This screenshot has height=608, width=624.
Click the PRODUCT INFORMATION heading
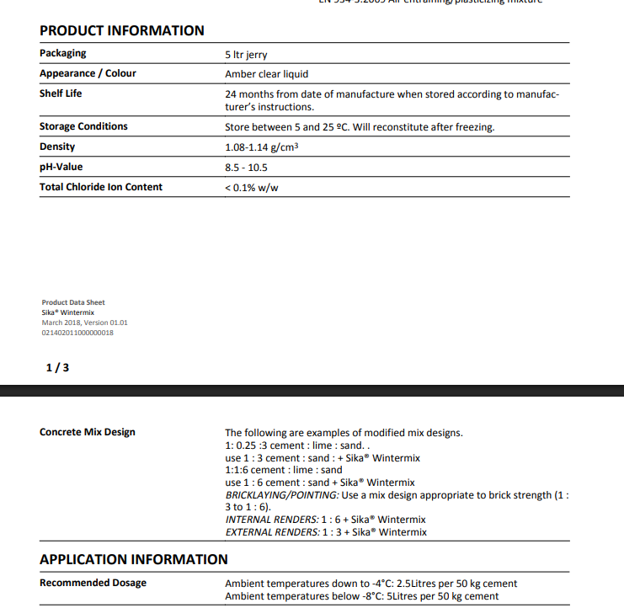click(x=121, y=30)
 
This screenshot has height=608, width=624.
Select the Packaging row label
click(x=62, y=53)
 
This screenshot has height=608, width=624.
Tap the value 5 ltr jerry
click(x=246, y=54)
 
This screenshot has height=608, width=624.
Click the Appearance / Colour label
click(x=88, y=73)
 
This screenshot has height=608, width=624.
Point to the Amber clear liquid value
click(x=266, y=74)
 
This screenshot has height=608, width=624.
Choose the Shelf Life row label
click(x=61, y=93)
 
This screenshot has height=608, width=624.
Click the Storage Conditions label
click(x=83, y=126)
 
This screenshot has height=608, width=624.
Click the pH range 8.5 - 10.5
click(x=246, y=168)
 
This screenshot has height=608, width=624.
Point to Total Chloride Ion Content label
click(x=101, y=187)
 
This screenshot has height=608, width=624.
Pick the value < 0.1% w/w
click(x=251, y=188)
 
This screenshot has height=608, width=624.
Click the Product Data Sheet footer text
click(x=73, y=302)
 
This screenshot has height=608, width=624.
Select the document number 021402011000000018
click(x=77, y=333)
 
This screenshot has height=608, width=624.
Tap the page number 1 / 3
click(x=57, y=368)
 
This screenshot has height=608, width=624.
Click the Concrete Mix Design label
click(x=88, y=432)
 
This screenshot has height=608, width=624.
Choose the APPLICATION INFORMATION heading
click(x=134, y=559)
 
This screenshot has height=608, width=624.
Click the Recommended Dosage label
click(x=93, y=583)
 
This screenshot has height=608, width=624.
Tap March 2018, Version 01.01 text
click(x=84, y=323)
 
